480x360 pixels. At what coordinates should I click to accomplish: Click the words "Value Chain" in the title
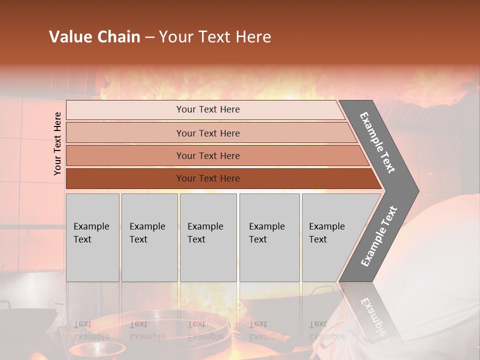[x=94, y=37]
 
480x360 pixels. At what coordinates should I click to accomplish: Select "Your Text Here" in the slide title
[x=215, y=37]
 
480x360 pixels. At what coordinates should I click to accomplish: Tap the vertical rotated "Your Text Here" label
[x=57, y=143]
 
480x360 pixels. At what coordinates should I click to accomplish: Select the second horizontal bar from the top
[x=207, y=133]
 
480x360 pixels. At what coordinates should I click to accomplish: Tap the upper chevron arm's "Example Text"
[x=377, y=142]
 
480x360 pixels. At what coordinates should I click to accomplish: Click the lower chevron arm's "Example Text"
[x=378, y=236]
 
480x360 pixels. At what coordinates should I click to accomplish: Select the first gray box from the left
[x=92, y=237]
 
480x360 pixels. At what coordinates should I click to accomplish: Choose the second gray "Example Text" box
[x=149, y=237]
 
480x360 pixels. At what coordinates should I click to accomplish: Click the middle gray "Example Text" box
[x=208, y=237]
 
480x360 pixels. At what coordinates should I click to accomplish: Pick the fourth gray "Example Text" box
[x=269, y=237]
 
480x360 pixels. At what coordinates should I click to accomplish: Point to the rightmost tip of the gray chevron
[x=418, y=191]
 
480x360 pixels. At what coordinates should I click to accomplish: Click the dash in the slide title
[x=149, y=37]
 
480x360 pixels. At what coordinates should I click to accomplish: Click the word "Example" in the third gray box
[x=205, y=226]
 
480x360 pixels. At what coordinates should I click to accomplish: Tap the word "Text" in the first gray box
[x=82, y=239]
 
